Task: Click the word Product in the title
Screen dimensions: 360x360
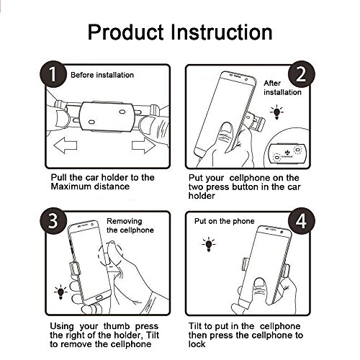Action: pos(125,32)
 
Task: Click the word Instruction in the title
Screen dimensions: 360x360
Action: pos(222,32)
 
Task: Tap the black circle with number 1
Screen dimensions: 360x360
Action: pos(53,74)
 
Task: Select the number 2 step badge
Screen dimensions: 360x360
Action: pos(301,74)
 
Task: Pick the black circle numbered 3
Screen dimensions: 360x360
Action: pos(53,221)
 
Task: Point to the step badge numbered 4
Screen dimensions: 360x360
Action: pos(301,221)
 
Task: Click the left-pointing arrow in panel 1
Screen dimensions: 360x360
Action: pos(66,145)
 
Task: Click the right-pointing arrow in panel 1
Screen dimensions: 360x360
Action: pos(143,145)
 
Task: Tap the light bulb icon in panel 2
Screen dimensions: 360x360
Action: pos(276,112)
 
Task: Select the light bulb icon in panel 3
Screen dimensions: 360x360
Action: pos(60,292)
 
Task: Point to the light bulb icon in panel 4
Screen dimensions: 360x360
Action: pos(209,244)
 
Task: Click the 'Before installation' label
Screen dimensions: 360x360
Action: pos(102,75)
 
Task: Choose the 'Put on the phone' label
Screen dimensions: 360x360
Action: pos(225,221)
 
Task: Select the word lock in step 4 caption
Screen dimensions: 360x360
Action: pos(197,344)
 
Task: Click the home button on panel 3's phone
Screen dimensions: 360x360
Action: pos(99,298)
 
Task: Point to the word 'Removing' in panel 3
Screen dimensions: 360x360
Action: pos(125,221)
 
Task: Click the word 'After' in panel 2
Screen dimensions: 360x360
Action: pos(272,84)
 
